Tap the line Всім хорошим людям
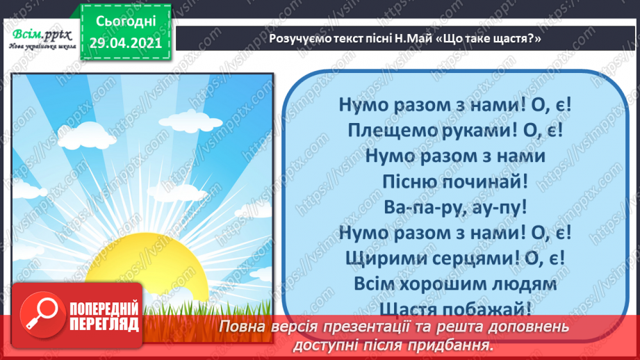pyautogui.click(x=455, y=284)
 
